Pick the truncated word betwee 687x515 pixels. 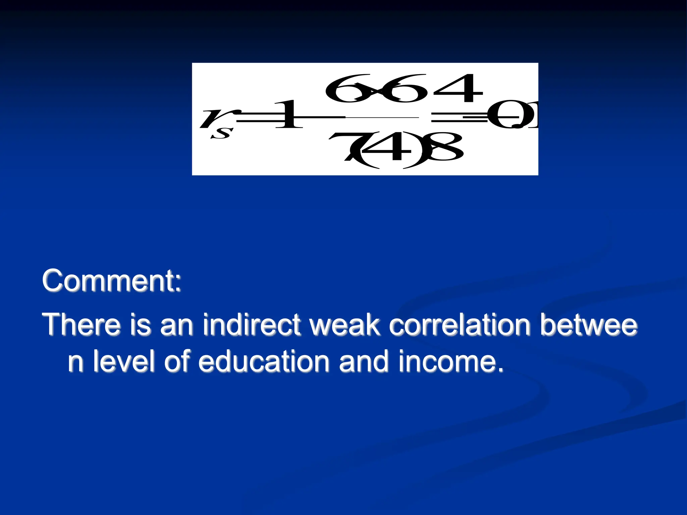point(589,325)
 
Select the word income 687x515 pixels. point(451,361)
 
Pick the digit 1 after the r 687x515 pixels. point(288,115)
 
